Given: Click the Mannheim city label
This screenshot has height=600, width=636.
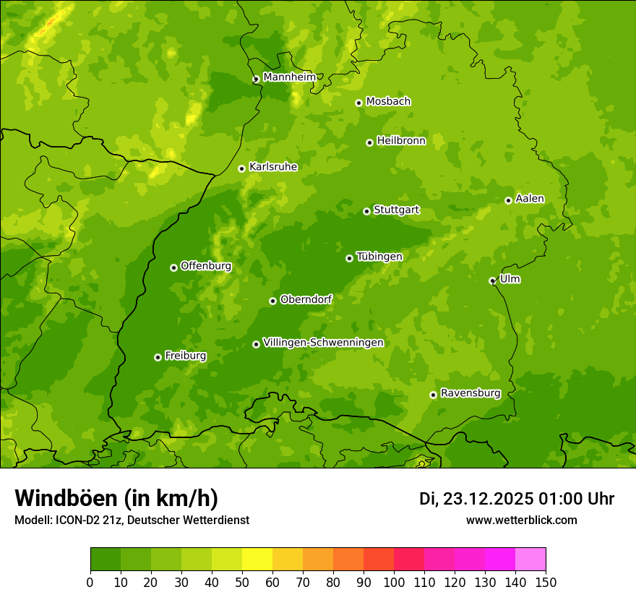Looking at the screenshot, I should point(289,77).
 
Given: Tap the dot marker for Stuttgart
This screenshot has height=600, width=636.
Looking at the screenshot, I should point(366,211).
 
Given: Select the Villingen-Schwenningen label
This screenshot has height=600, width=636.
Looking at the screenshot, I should point(323,343).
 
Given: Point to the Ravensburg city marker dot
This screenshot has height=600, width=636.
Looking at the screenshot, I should point(433,395).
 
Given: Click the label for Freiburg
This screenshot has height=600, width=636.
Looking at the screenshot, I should point(185,356).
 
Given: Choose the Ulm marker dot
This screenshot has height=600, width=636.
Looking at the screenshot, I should point(492,280).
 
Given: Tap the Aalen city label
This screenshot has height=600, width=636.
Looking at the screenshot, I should point(530,199).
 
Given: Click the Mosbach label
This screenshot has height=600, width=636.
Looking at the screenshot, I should point(388,101).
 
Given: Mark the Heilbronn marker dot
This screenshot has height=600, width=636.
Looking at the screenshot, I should point(369,142).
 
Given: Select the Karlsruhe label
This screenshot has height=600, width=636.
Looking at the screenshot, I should point(273,167).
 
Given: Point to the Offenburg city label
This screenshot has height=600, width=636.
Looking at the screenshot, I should point(206,266).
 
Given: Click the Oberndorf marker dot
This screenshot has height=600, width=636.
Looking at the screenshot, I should point(272,301).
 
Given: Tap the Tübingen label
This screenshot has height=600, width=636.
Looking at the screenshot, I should point(379,257).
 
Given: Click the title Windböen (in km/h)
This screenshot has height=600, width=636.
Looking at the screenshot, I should point(116,498).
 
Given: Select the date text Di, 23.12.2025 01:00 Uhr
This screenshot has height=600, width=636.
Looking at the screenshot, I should point(516,499).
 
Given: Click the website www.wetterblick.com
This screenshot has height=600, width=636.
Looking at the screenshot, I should point(521,520).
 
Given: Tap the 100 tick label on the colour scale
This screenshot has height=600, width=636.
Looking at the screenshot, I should point(394,582).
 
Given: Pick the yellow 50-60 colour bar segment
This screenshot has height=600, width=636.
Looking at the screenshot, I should point(257,560).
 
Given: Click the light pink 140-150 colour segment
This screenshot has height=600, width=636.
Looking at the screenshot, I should point(530,560).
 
